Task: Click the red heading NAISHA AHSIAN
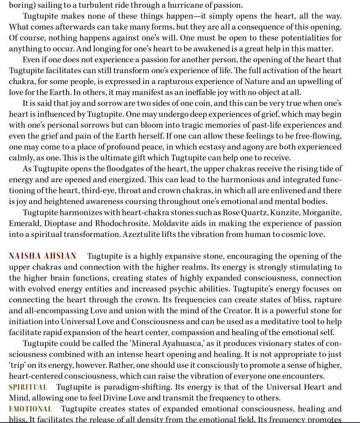43,256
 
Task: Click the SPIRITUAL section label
28,387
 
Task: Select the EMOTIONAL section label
31,409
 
